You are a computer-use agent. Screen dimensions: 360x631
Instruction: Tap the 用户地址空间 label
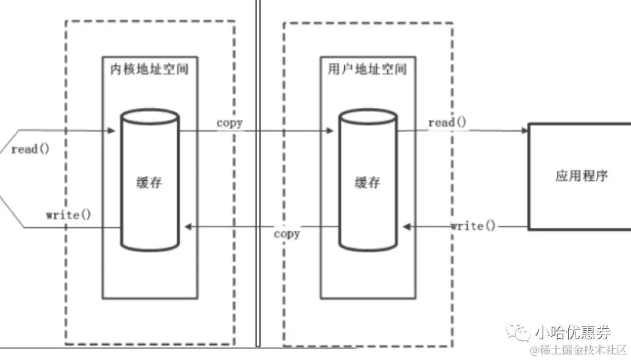tap(363, 68)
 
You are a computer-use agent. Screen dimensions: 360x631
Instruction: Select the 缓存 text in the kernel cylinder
tap(149, 182)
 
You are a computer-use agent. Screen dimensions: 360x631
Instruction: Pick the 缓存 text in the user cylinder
tap(367, 182)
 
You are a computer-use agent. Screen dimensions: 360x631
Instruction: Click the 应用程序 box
tap(581, 177)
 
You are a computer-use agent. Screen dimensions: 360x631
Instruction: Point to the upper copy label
tap(230, 122)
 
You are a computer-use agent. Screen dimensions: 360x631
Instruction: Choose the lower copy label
tap(286, 233)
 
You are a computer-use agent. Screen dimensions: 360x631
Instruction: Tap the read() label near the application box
tap(447, 122)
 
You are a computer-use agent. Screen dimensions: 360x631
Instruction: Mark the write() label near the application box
tap(473, 226)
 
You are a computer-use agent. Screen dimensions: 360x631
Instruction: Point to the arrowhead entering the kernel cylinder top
tap(112, 130)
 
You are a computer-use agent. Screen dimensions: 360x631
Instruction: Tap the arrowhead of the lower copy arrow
tap(188, 227)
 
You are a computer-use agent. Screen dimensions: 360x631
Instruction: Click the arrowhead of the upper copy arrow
tap(330, 130)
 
